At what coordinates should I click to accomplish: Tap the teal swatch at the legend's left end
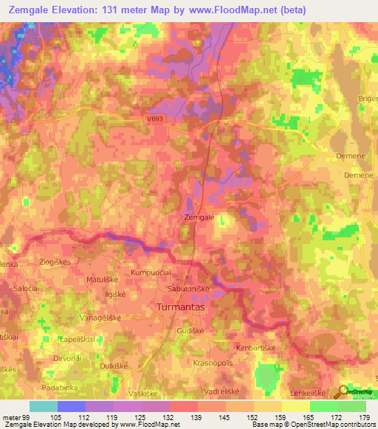[44, 406]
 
